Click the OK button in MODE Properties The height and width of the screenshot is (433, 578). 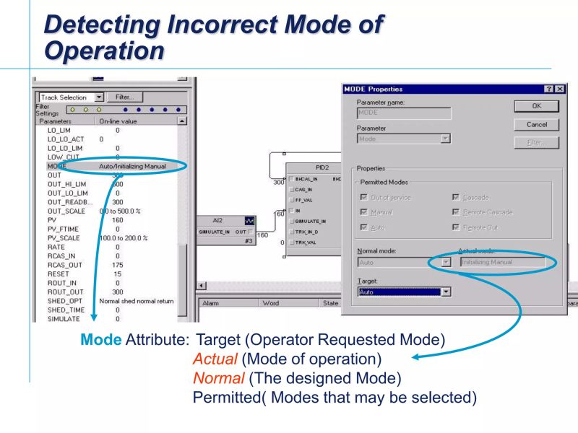[536, 105]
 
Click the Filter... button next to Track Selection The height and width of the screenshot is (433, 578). [124, 97]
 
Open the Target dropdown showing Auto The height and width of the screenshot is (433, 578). [446, 292]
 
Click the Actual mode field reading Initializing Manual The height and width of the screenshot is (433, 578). [502, 262]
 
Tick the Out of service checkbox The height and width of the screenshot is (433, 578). [363, 197]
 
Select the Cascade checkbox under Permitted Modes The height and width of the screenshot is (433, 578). [456, 197]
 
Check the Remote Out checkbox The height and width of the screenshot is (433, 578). [456, 228]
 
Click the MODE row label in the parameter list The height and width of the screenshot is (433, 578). [57, 166]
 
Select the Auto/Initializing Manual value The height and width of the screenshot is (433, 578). [132, 166]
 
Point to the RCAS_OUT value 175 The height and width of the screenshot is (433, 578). [118, 264]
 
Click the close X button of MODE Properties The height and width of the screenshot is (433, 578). [559, 89]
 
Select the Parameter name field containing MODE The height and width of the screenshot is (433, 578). [404, 113]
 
